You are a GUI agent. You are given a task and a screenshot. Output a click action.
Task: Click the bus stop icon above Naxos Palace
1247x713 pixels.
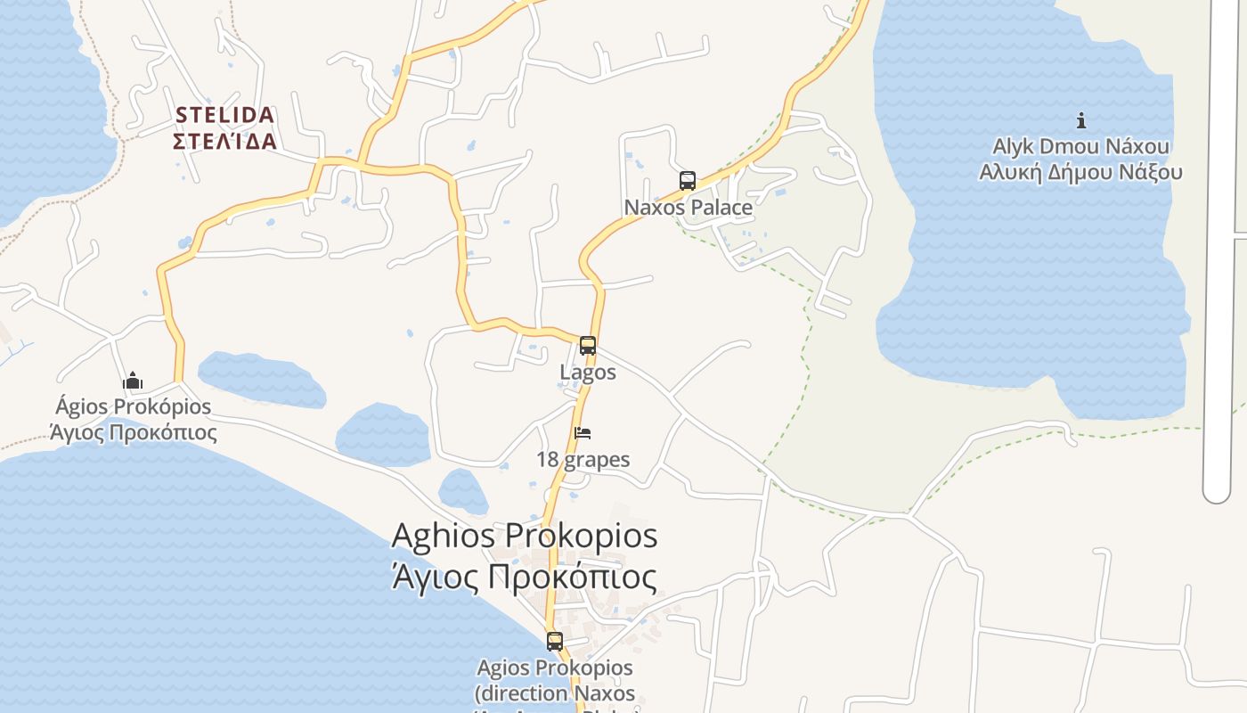click(x=687, y=181)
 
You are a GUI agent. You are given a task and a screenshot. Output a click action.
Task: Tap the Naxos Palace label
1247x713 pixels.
click(x=688, y=208)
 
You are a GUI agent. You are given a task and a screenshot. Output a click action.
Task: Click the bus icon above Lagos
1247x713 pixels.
click(x=587, y=346)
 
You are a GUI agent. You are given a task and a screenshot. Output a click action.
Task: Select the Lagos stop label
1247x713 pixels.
click(x=587, y=372)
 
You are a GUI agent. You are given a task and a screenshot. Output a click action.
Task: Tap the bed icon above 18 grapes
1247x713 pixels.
click(x=583, y=433)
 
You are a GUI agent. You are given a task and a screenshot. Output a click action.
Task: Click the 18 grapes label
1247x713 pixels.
click(x=583, y=460)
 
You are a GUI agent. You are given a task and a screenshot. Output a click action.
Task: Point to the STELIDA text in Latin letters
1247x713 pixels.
click(x=224, y=115)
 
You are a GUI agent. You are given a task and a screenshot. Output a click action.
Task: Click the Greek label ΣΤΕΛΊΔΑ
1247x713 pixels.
click(x=224, y=142)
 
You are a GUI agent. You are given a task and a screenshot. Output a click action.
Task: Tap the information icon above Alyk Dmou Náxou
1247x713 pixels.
click(x=1080, y=120)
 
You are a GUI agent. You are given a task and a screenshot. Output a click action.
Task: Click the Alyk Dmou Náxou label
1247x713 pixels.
click(x=1080, y=146)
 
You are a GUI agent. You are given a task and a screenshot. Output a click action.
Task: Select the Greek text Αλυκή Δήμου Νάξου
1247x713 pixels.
click(x=1080, y=172)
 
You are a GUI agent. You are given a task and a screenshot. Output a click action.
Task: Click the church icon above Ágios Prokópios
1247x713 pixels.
click(x=133, y=381)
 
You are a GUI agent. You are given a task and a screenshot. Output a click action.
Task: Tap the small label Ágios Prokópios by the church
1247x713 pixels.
click(x=133, y=407)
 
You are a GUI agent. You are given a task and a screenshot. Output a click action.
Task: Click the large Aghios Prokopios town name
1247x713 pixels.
click(x=525, y=537)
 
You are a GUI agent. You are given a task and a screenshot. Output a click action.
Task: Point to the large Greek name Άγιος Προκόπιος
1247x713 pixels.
click(x=525, y=578)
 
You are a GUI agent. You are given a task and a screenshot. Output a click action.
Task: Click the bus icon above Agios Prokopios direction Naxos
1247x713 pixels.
click(x=554, y=641)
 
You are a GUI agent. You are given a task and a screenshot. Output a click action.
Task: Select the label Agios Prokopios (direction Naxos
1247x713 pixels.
click(x=555, y=680)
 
